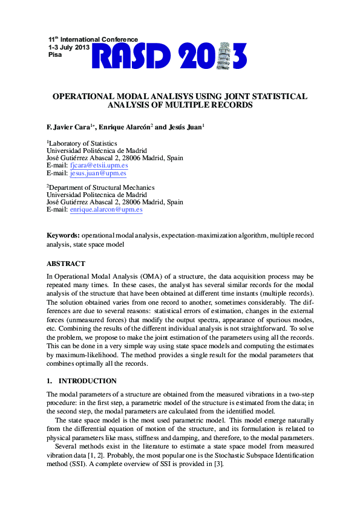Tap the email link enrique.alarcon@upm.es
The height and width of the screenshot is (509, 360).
106,209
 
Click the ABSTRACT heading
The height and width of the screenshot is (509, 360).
66,264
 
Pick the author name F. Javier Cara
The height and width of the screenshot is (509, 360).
68,128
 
